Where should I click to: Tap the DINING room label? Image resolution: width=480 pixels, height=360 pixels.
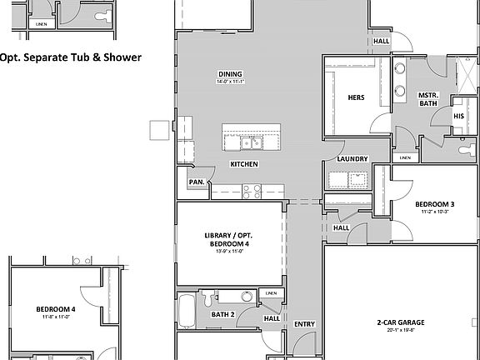pyautogui.click(x=230, y=73)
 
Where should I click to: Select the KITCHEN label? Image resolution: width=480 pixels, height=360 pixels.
pyautogui.click(x=244, y=164)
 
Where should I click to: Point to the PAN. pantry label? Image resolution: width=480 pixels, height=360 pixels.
pyautogui.click(x=197, y=182)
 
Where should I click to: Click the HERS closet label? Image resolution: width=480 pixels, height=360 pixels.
pyautogui.click(x=356, y=97)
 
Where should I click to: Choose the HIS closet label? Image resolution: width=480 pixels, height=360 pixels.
pyautogui.click(x=459, y=115)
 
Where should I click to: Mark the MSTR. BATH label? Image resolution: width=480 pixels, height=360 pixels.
pyautogui.click(x=427, y=99)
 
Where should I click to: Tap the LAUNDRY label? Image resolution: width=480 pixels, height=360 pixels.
pyautogui.click(x=352, y=159)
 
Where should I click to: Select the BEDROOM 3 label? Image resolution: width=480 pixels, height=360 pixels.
pyautogui.click(x=435, y=204)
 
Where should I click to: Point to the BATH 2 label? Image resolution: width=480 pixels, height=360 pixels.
pyautogui.click(x=222, y=314)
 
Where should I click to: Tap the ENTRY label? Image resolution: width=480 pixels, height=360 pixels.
pyautogui.click(x=305, y=324)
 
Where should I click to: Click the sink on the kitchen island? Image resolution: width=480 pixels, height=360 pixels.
pyautogui.click(x=252, y=142)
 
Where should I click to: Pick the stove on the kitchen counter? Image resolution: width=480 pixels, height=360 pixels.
pyautogui.click(x=251, y=191)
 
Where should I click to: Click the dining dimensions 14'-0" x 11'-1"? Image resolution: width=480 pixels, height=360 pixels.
pyautogui.click(x=230, y=82)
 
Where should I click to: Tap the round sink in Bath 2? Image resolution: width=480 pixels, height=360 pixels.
pyautogui.click(x=247, y=296)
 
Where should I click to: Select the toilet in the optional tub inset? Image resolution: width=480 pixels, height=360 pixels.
pyautogui.click(x=101, y=17)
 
